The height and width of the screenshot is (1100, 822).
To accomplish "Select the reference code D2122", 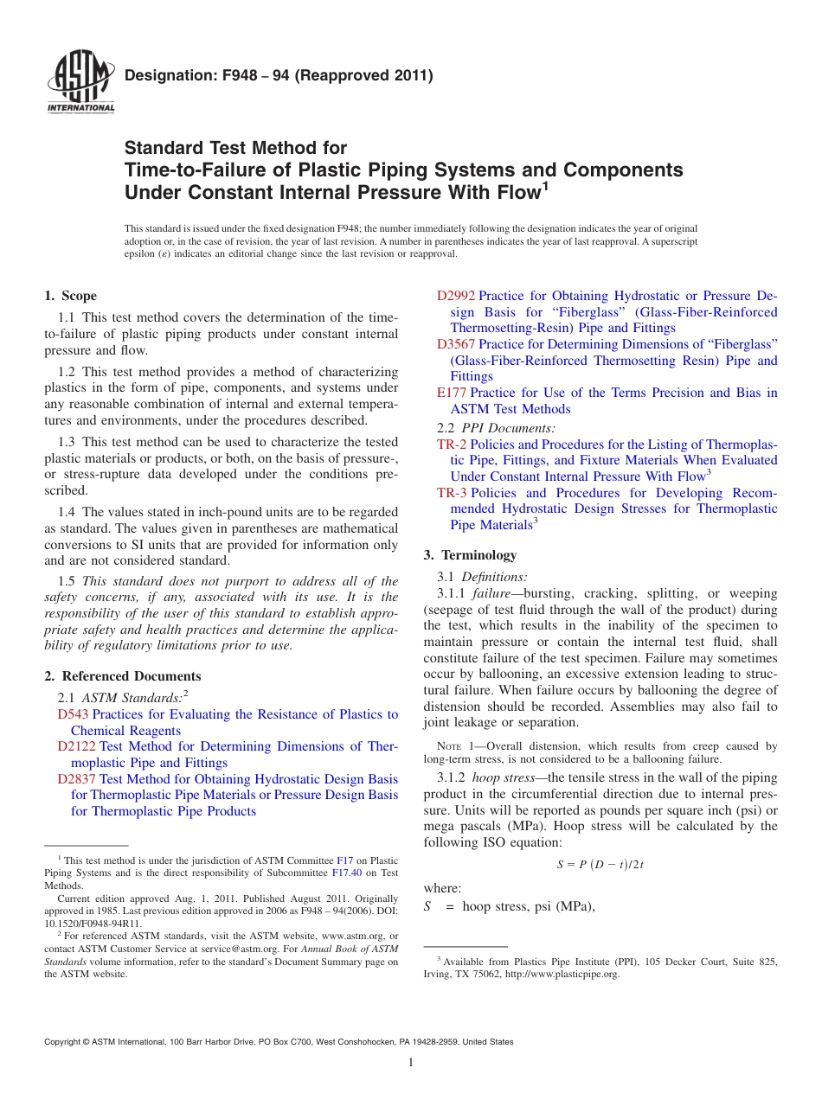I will pos(76,746).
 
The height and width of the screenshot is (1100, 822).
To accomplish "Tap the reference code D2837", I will pos(76,779).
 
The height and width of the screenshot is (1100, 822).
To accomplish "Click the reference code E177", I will pos(452,393).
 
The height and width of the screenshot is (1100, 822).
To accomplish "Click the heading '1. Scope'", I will pos(71,296).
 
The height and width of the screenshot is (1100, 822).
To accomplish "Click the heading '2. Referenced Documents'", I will pos(122,676).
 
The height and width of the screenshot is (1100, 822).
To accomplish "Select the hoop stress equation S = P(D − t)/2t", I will pos(600,864).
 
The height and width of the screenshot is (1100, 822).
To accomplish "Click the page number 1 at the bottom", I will pos(411,1063).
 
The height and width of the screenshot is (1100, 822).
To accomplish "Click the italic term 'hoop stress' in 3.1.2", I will pos(504,777).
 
